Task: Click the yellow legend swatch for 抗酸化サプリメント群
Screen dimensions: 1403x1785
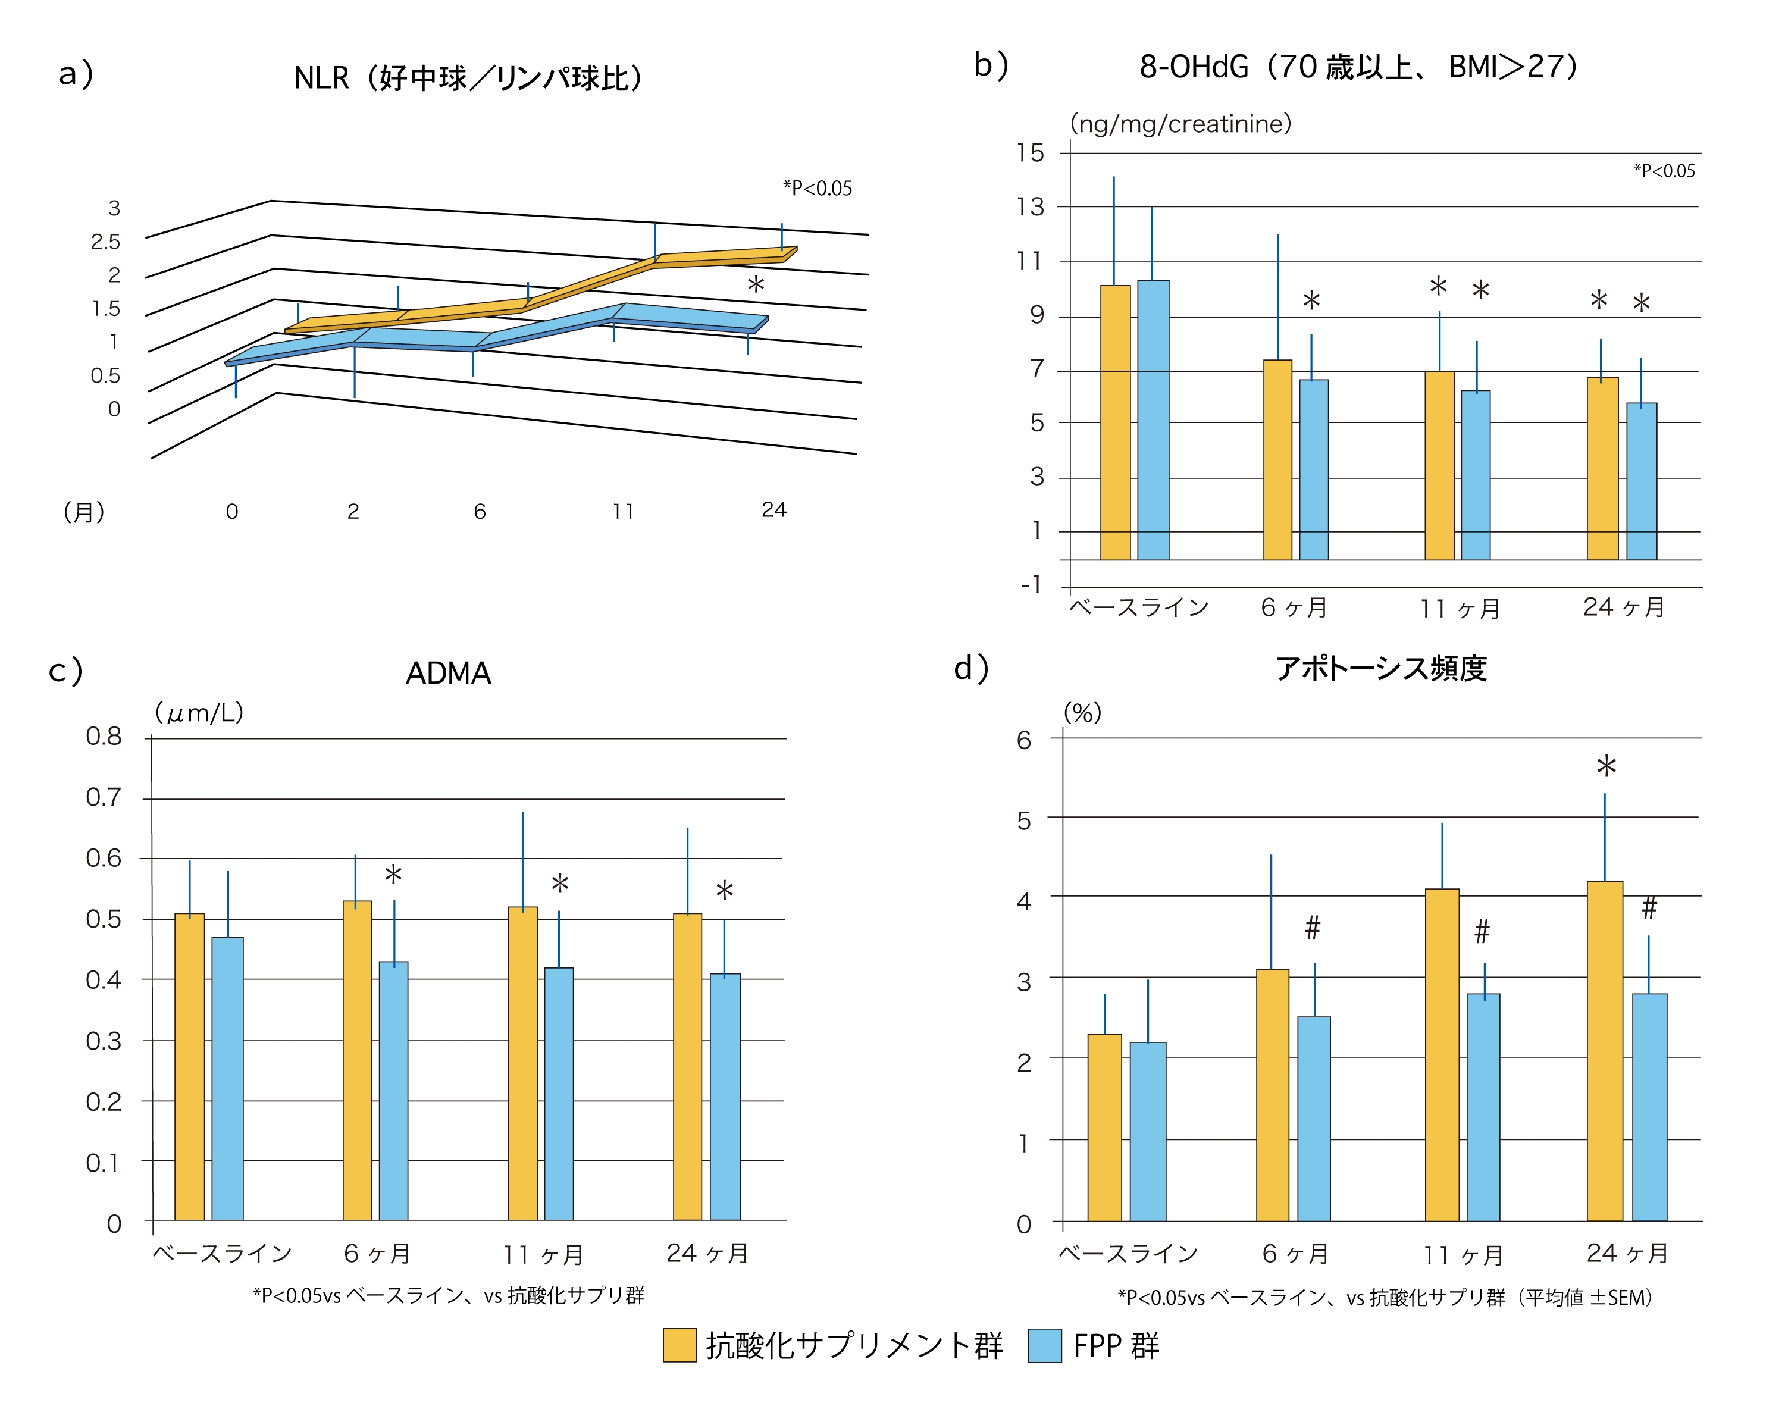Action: point(679,1345)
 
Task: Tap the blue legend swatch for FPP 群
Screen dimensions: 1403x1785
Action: point(1044,1345)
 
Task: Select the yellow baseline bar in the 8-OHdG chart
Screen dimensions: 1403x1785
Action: point(1114,423)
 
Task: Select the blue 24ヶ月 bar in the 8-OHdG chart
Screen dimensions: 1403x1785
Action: point(1641,481)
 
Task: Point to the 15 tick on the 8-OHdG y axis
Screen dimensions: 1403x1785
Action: point(1030,153)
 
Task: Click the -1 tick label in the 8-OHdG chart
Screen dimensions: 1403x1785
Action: point(1031,585)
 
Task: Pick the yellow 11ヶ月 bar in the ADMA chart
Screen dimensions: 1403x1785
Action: point(522,1064)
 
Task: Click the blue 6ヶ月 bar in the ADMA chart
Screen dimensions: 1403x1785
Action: point(393,1091)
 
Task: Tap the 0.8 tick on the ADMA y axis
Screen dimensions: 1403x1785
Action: point(104,737)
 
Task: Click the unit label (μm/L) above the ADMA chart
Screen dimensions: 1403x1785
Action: point(199,713)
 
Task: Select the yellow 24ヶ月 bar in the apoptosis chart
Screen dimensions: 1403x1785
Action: point(1604,1051)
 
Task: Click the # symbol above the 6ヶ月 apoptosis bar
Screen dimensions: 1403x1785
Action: point(1313,928)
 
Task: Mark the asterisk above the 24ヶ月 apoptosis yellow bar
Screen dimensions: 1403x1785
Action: point(1606,767)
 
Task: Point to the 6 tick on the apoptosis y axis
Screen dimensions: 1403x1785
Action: point(1023,741)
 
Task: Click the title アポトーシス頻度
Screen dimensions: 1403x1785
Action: point(1380,669)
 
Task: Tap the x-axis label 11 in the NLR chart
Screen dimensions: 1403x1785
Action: point(622,512)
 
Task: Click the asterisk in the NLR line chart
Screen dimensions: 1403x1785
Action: point(756,285)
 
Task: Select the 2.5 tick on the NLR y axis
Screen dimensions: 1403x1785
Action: point(105,242)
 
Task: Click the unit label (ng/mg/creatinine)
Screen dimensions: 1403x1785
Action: point(1180,124)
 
